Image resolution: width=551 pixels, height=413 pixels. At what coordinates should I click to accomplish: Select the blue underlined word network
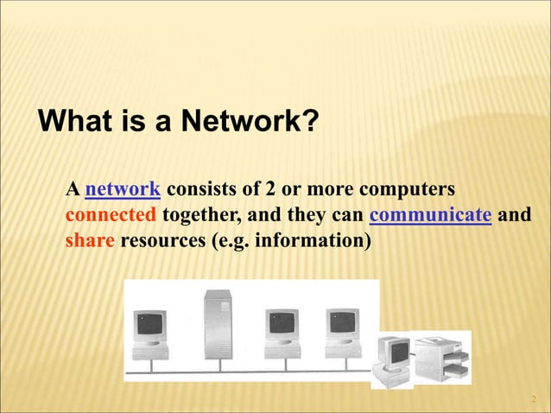coord(123,189)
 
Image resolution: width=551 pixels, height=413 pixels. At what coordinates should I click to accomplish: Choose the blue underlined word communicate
coord(430,215)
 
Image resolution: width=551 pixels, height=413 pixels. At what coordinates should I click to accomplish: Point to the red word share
coord(91,240)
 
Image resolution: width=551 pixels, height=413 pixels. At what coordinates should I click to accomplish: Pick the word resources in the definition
coord(163,240)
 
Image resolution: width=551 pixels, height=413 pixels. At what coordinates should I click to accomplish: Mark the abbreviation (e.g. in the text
coord(229,240)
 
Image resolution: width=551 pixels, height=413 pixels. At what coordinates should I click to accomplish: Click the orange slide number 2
coord(534,398)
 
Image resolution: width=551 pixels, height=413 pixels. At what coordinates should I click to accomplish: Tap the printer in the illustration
coord(441,354)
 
